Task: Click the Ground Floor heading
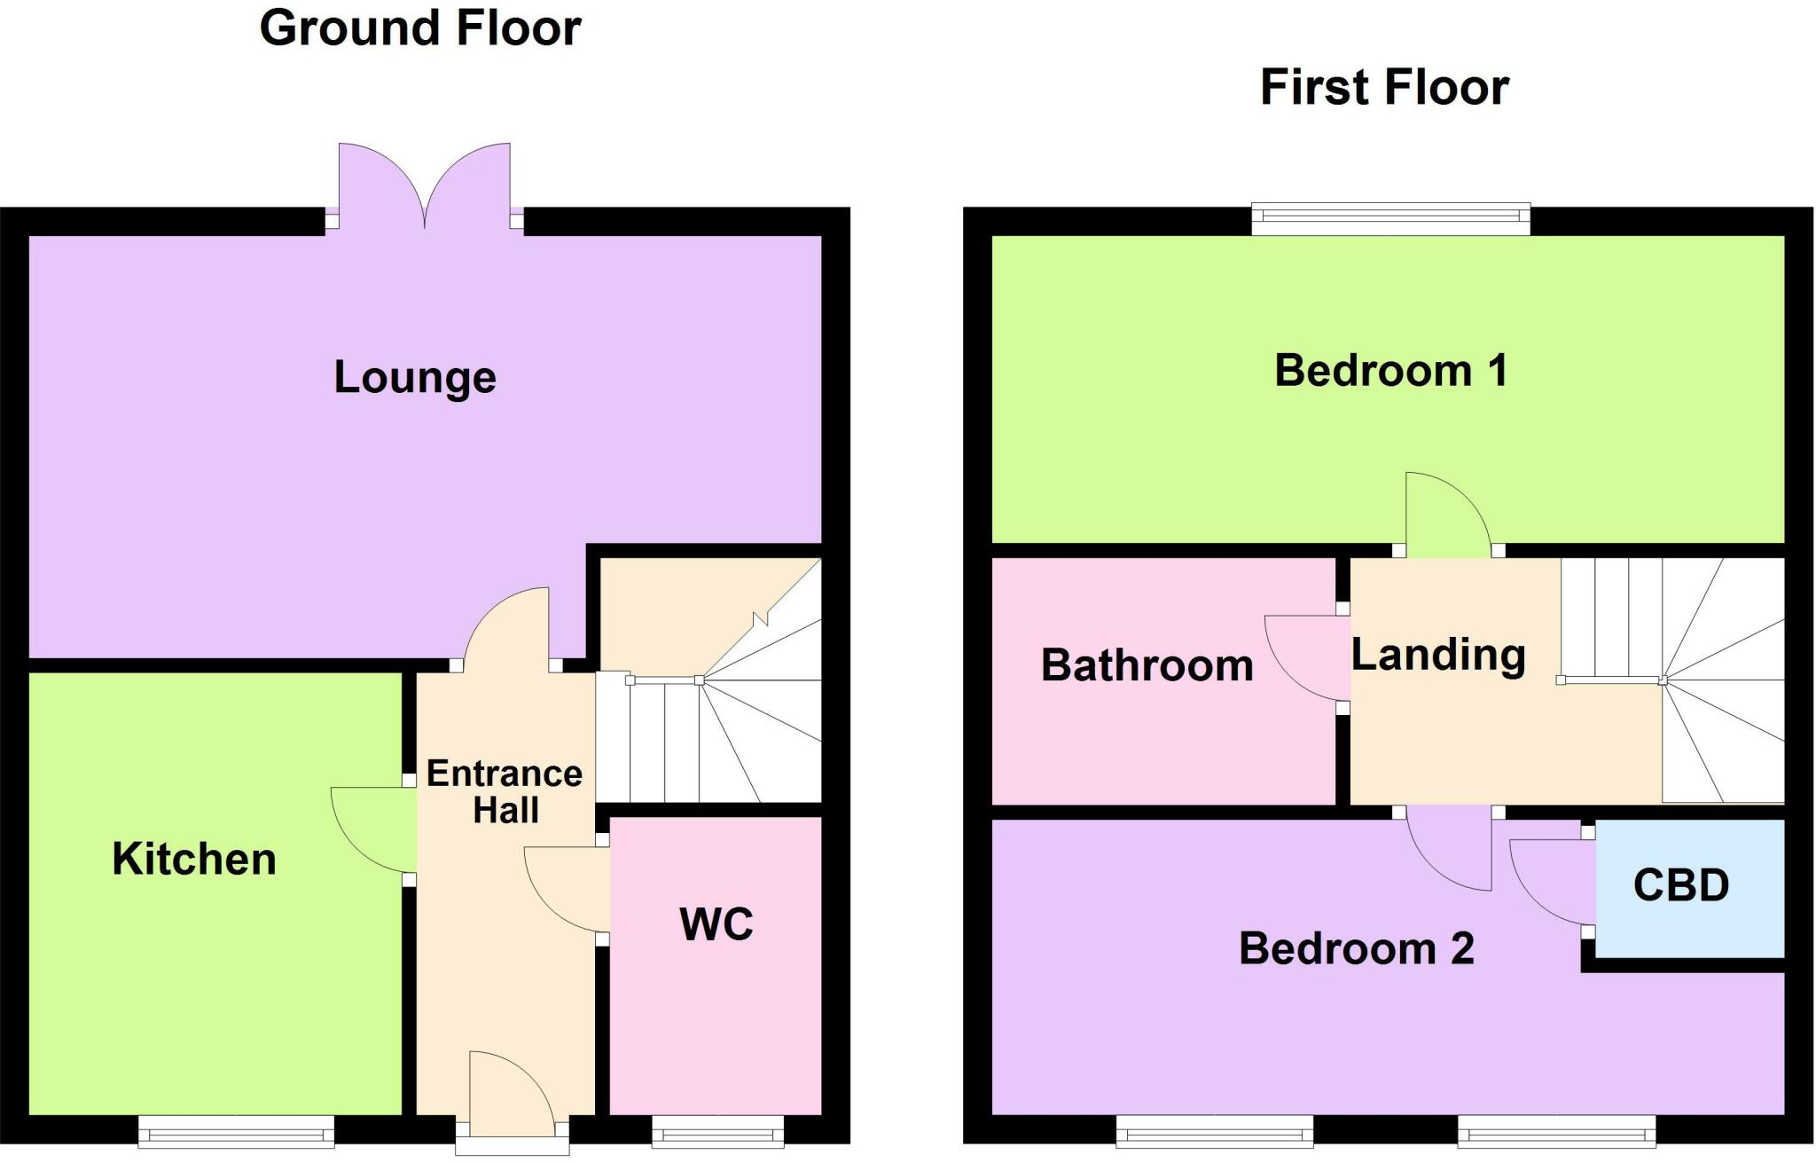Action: [420, 28]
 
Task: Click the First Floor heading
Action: [1384, 88]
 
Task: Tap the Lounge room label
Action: [414, 378]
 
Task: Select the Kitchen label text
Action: [194, 860]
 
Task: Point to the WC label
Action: [716, 924]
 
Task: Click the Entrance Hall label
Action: [505, 792]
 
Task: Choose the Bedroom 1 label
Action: [1390, 371]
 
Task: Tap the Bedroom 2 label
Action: [1356, 949]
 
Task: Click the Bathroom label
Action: [1147, 665]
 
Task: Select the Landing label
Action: [1437, 656]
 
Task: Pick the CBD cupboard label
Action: [1680, 885]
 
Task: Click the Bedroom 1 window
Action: [1390, 219]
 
